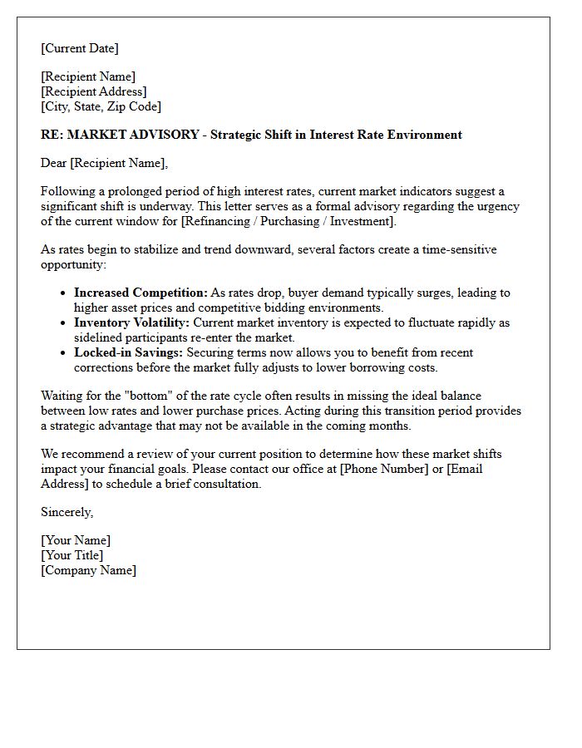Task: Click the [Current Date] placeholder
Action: point(80,48)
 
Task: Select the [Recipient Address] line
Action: point(94,91)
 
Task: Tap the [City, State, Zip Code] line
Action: point(101,106)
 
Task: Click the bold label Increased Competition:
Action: point(141,293)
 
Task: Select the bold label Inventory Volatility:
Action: point(131,322)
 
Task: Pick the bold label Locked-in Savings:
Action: point(128,352)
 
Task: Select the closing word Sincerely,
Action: point(67,512)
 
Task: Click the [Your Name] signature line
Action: point(76,540)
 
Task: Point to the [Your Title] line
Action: point(72,555)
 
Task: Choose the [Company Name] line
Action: point(88,570)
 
